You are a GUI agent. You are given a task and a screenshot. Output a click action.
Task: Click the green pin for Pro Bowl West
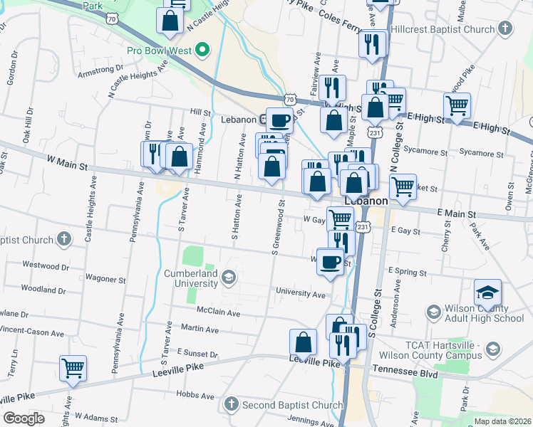pos(202,50)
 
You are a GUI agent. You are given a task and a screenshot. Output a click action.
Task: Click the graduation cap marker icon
pos(487,292)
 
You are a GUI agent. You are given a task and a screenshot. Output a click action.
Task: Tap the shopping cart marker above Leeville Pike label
pos(73,369)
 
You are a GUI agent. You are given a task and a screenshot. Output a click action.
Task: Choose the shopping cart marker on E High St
pos(457,106)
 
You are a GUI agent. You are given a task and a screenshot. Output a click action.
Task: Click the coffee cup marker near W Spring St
pos(329,261)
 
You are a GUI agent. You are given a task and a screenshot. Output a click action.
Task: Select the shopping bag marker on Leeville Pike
pos(304,342)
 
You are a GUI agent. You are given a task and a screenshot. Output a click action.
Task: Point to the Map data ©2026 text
pos(502,421)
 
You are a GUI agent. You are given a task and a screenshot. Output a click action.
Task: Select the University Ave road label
pos(301,293)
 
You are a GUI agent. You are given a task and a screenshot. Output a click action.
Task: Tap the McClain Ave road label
pos(219,312)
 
